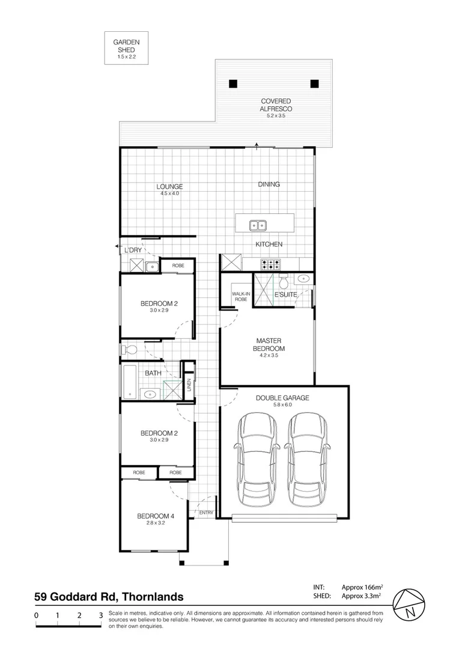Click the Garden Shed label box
126,48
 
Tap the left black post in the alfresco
234,84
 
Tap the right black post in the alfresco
314,84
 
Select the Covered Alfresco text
275,105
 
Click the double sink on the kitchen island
259,225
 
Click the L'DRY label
133,250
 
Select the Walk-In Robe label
241,296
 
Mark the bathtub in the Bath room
130,382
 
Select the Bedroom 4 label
156,516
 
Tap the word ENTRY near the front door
206,513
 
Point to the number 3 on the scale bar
100,615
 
